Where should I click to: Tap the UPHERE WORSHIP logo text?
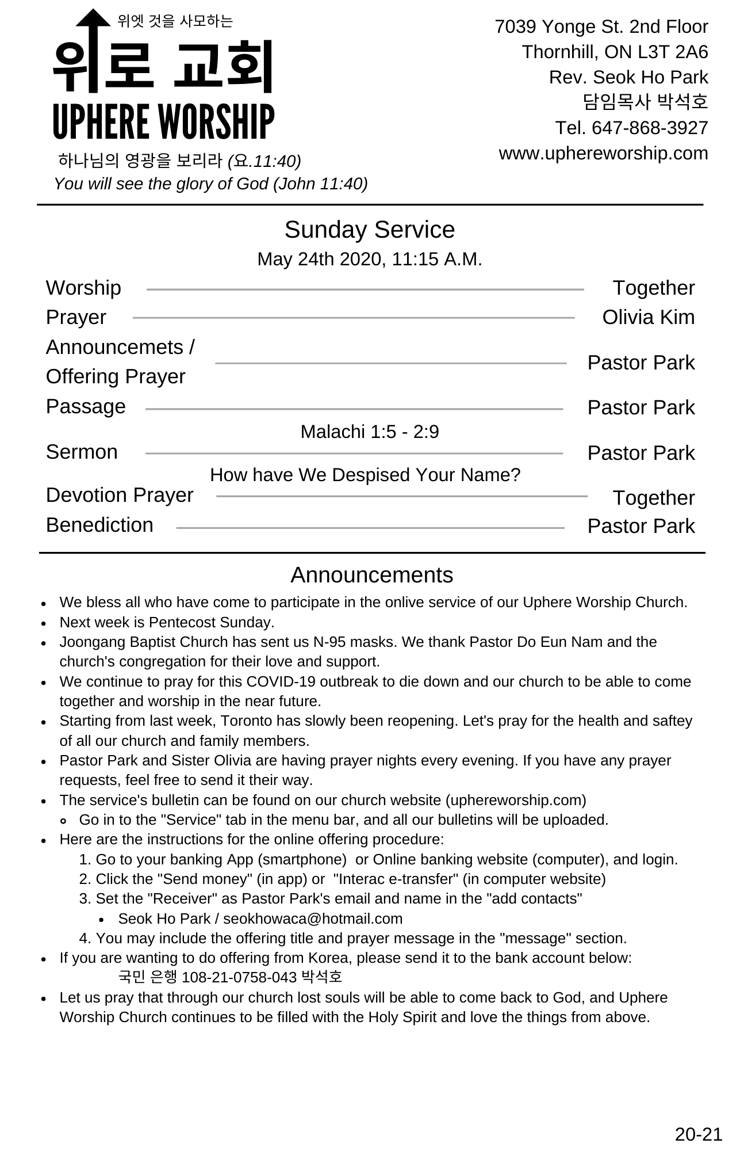click(163, 122)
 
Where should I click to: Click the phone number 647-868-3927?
click(650, 128)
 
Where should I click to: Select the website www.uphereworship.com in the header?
click(603, 154)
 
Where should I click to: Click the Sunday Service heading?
click(369, 230)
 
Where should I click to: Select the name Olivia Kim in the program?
click(648, 317)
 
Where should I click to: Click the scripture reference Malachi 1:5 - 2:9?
click(369, 432)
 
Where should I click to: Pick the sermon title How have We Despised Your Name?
click(365, 475)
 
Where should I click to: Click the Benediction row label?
click(99, 525)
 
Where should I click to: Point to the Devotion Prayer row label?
click(120, 495)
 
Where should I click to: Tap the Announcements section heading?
click(371, 575)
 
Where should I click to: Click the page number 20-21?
click(698, 1134)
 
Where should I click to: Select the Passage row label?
click(86, 406)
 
